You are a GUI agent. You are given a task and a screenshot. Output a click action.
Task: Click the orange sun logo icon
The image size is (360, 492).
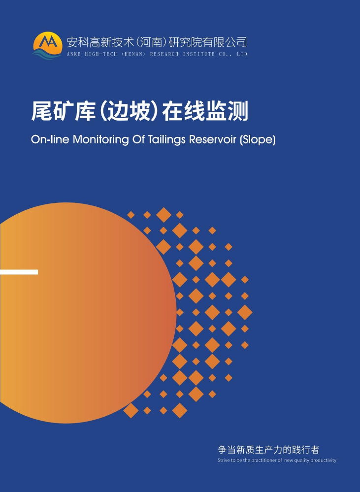pyautogui.click(x=47, y=45)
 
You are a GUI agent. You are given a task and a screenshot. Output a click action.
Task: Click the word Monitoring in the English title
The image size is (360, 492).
pyautogui.click(x=101, y=139)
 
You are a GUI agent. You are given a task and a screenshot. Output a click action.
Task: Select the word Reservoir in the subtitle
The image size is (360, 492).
pyautogui.click(x=212, y=139)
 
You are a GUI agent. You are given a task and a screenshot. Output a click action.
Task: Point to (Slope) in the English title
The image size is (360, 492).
pyautogui.click(x=258, y=140)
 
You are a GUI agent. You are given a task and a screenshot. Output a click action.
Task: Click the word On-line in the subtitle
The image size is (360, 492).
pyautogui.click(x=50, y=139)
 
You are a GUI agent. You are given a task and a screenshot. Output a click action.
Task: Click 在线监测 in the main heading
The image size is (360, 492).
pyautogui.click(x=205, y=111)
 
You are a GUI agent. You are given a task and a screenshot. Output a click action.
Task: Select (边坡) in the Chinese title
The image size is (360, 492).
pyautogui.click(x=129, y=111)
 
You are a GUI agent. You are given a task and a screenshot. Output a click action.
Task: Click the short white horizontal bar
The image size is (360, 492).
pyautogui.click(x=19, y=272)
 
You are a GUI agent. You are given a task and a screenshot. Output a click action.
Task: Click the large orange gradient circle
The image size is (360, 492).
pyautogui.click(x=88, y=313)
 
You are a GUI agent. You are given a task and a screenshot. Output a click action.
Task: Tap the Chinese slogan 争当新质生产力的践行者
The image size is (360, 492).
pyautogui.click(x=268, y=450)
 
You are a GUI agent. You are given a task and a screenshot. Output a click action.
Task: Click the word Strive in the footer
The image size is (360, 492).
pyautogui.click(x=223, y=460)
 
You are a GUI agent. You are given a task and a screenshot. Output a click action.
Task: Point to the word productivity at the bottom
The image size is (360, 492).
pyautogui.click(x=323, y=460)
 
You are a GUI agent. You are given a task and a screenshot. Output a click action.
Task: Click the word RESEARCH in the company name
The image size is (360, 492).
pyautogui.click(x=164, y=54)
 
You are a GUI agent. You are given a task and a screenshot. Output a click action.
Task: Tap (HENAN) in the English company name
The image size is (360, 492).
pyautogui.click(x=133, y=54)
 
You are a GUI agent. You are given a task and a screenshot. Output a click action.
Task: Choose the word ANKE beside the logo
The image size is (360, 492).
pyautogui.click(x=74, y=54)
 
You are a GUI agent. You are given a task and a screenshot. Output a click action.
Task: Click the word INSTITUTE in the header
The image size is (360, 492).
pyautogui.click(x=199, y=54)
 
